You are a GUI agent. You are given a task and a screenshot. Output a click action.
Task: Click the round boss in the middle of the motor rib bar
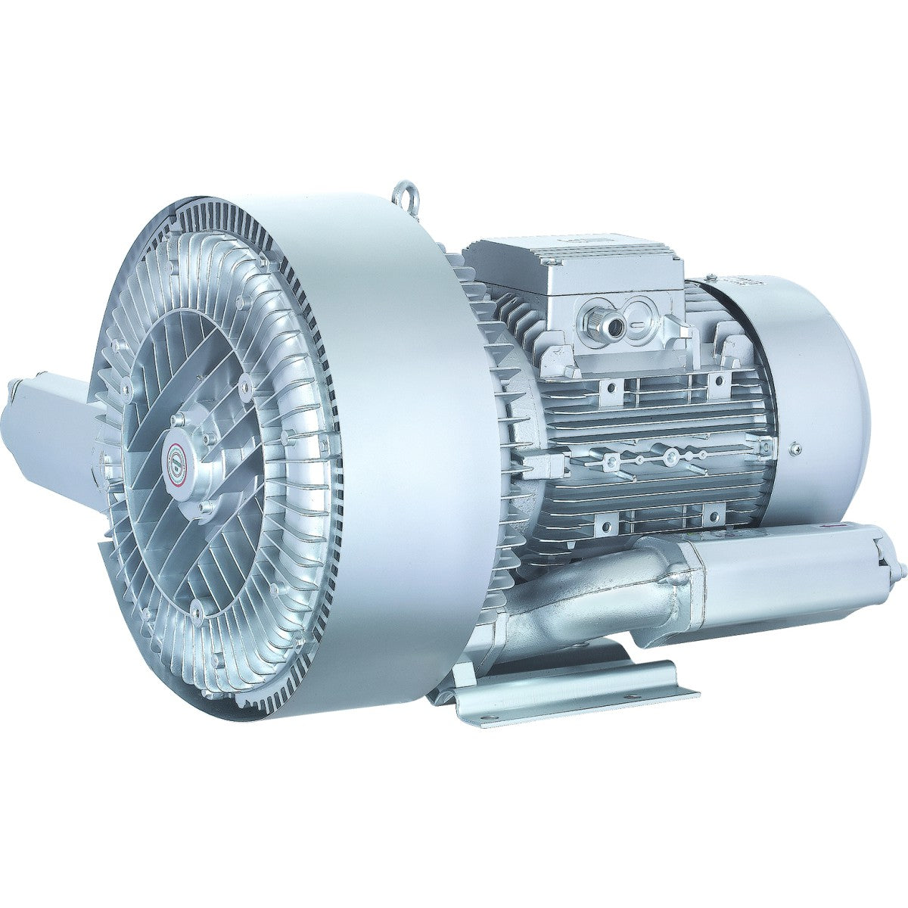tap(669, 456)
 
